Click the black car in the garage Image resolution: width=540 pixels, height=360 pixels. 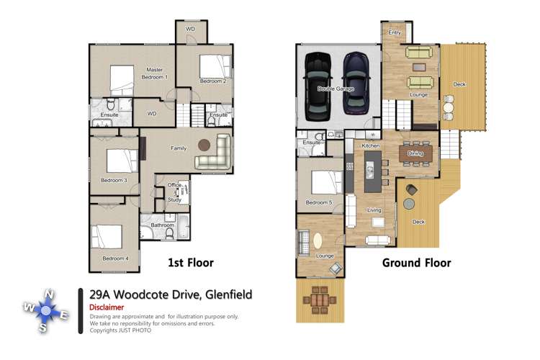(x=318, y=87)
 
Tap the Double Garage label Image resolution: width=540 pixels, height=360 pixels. (x=336, y=89)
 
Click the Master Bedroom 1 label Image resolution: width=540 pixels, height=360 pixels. (x=153, y=73)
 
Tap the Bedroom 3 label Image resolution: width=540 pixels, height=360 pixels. (x=114, y=180)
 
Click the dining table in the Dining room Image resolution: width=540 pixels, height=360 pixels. (x=415, y=153)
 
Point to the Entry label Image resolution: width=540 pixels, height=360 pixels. (x=395, y=32)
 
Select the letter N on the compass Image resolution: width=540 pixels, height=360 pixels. (x=48, y=294)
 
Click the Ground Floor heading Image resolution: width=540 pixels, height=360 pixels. (x=416, y=263)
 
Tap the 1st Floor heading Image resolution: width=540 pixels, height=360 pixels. (x=190, y=263)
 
